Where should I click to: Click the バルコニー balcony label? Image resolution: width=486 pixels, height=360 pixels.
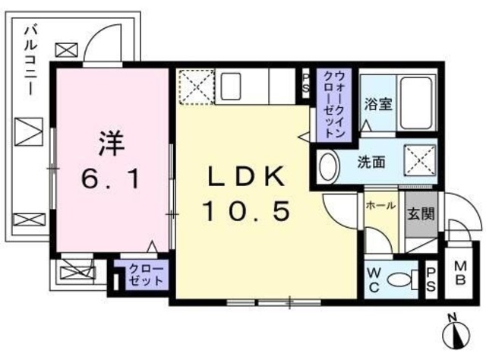(30, 62)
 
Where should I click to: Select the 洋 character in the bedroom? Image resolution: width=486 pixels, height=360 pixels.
(110, 143)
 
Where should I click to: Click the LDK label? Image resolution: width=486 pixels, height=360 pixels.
(247, 176)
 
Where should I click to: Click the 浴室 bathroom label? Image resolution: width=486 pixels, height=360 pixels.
(377, 104)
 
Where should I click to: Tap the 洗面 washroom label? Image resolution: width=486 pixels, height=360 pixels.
(371, 161)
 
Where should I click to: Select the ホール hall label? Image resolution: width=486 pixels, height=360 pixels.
(378, 206)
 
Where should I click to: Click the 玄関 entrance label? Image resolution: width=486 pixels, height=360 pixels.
(419, 213)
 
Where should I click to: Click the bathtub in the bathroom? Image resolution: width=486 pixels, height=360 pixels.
(417, 102)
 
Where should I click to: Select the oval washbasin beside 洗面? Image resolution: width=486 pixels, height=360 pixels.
(327, 164)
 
